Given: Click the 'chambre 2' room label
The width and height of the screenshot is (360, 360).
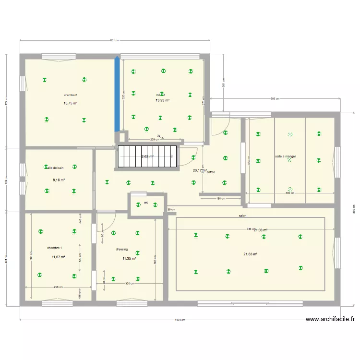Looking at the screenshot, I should coord(71,95).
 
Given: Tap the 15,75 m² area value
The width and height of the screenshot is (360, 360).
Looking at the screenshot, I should coord(71,103).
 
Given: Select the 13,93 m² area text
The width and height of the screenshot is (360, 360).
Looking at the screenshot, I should coord(162,100).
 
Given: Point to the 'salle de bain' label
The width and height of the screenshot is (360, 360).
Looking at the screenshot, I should coord(56,168).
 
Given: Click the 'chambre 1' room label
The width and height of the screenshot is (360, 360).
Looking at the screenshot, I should coord(55,248).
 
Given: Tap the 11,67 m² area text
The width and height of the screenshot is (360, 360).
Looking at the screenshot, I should coord(59,257).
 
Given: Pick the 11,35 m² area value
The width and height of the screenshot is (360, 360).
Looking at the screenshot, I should coord(129,258).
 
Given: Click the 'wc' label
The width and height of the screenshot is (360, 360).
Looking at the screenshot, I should coord(146,203).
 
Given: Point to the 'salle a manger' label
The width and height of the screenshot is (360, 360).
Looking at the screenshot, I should coord(286,156).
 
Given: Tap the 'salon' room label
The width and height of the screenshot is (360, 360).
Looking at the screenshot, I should coord(242,216).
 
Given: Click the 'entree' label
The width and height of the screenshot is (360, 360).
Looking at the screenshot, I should coord(211,172).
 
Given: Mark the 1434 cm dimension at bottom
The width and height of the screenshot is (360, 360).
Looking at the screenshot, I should coord(180,320).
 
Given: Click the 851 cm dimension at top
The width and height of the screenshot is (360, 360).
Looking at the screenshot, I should coord(114,40).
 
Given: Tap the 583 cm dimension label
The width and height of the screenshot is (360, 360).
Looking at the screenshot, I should coord(275,99).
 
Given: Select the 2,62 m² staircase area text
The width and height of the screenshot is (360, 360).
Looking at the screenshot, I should coord(147,156).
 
